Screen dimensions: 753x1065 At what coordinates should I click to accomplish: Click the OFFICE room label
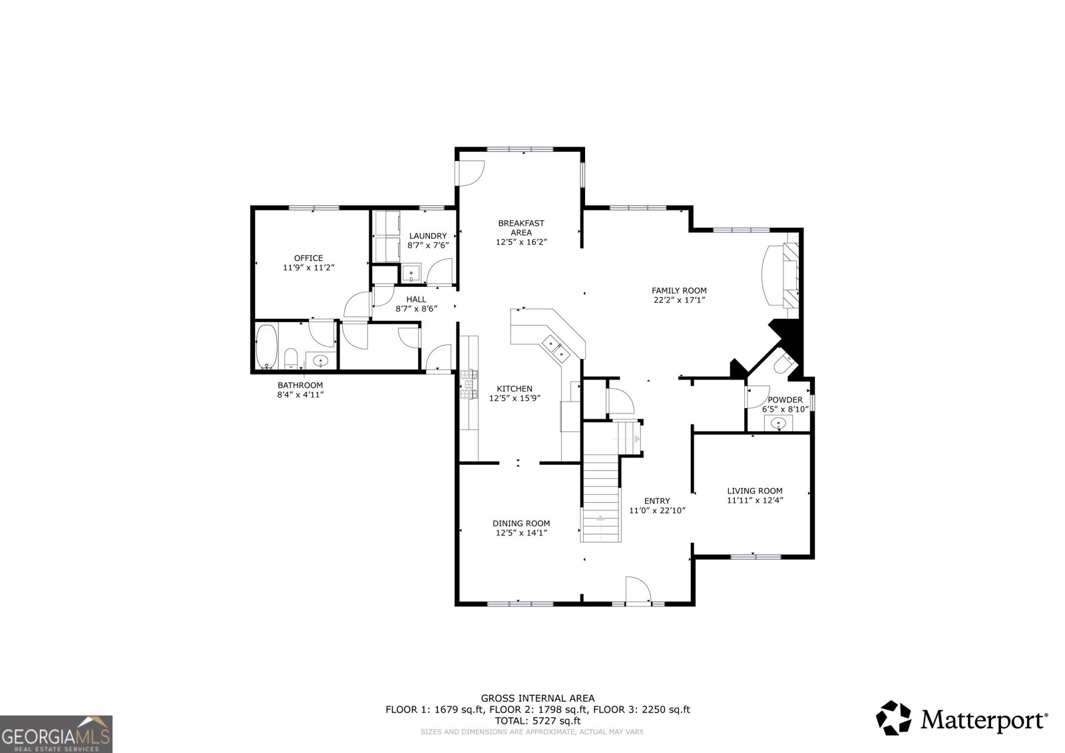tap(308, 258)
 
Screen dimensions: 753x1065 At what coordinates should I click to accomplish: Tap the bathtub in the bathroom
tap(266, 346)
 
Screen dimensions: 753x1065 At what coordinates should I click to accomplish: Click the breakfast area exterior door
tap(469, 173)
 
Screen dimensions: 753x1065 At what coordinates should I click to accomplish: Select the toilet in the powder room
tap(783, 365)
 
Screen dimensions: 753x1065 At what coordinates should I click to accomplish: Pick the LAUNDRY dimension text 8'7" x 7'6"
tap(428, 245)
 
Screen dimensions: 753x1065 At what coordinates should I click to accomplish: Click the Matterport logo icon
tap(894, 718)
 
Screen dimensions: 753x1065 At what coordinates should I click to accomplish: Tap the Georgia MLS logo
tap(56, 734)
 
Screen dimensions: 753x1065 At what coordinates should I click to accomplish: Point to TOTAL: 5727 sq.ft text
tap(537, 720)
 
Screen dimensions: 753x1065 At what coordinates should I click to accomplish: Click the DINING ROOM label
tap(521, 523)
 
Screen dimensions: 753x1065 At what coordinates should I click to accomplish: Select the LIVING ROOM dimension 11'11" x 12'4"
tap(754, 500)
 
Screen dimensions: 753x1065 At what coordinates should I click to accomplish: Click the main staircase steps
tap(601, 496)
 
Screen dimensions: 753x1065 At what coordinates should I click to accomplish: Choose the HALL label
tap(416, 300)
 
